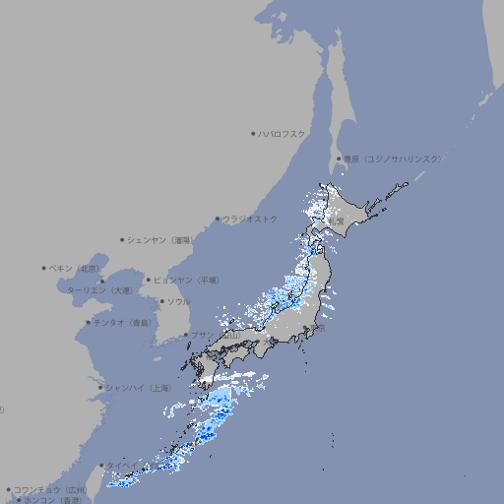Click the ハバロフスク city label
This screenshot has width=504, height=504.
(283, 133)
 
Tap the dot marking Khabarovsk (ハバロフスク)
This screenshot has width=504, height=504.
(253, 133)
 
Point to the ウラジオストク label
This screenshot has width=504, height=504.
(250, 219)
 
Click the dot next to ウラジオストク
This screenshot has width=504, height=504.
(218, 219)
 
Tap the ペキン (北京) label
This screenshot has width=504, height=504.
(75, 268)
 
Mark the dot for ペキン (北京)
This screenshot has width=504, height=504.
(44, 268)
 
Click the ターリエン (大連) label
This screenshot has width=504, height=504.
(98, 290)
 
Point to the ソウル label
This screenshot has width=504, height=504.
(178, 301)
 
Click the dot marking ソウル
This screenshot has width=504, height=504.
(161, 301)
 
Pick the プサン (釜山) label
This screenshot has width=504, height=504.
(216, 335)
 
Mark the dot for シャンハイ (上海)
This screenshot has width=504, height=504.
(100, 387)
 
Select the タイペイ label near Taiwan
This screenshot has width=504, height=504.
(123, 466)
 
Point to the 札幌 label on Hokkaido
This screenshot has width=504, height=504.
(337, 221)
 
